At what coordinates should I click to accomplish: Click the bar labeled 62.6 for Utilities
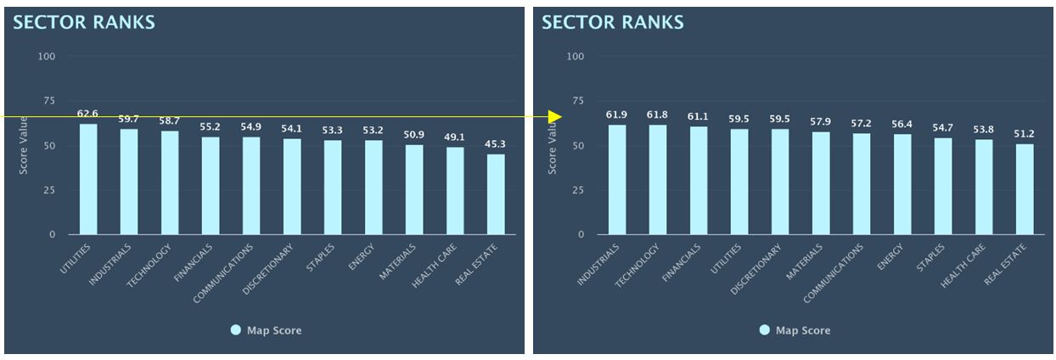click(x=88, y=179)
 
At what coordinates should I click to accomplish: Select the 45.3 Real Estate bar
click(x=496, y=194)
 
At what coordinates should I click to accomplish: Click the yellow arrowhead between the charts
click(x=557, y=116)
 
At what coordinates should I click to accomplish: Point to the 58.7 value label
click(x=169, y=121)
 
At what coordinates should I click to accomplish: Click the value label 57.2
click(x=862, y=124)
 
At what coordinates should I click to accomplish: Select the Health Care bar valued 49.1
click(x=455, y=191)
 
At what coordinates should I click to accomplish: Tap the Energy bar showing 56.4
click(x=902, y=184)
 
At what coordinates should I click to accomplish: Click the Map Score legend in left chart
click(x=266, y=330)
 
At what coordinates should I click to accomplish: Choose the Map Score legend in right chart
click(x=795, y=330)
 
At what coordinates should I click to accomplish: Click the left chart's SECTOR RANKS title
click(x=84, y=23)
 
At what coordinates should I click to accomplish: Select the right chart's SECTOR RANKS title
click(x=613, y=23)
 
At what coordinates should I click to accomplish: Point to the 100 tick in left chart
click(x=48, y=57)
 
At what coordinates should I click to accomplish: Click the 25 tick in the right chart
click(x=577, y=190)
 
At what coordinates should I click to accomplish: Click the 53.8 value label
click(x=983, y=129)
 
